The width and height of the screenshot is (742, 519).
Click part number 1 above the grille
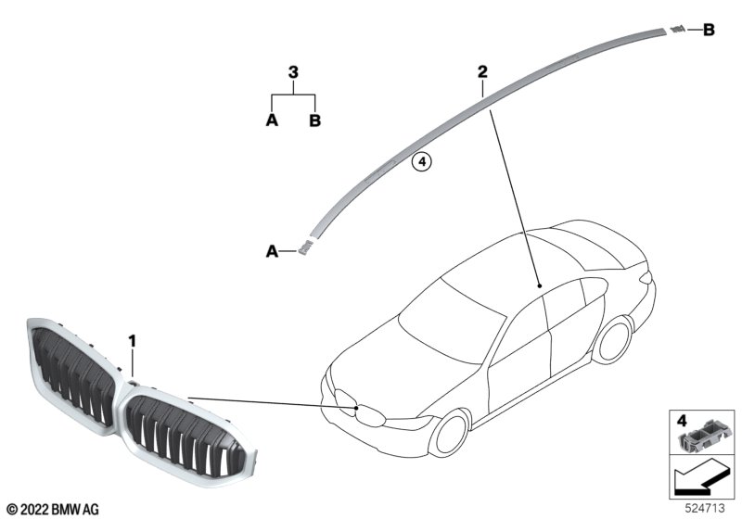point(133,342)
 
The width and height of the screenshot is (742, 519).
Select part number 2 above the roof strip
point(482,71)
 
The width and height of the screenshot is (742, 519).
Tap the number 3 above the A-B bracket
point(293,71)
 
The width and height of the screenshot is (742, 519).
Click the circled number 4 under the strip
point(421,162)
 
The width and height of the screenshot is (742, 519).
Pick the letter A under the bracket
point(272,120)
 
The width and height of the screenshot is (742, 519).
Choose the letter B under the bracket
point(314,120)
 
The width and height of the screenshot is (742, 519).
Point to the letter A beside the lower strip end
point(272,250)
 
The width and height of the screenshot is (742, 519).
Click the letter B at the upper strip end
point(709,31)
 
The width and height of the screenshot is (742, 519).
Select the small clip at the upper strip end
point(679,30)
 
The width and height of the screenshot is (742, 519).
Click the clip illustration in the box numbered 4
point(706,432)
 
